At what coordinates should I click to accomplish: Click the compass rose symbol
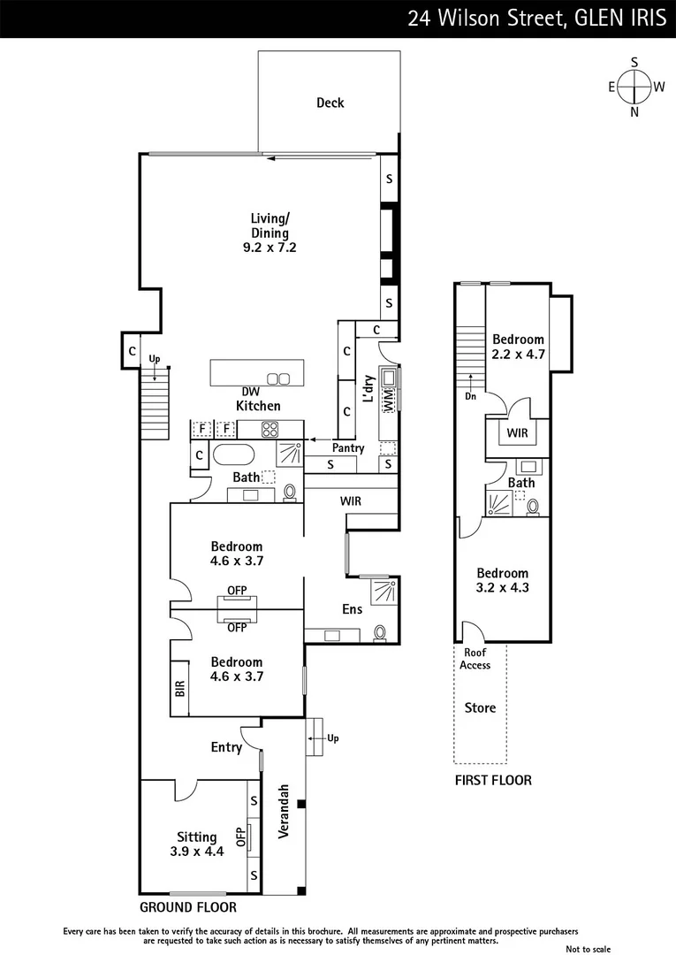tap(634, 87)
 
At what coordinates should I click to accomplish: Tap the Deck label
tap(330, 103)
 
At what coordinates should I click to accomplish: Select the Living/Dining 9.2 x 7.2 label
tap(270, 233)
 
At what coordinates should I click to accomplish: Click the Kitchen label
tap(258, 406)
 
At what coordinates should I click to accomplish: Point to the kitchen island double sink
tap(278, 379)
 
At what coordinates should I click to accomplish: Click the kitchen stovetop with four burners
tap(270, 431)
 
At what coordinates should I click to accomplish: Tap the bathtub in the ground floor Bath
tap(234, 456)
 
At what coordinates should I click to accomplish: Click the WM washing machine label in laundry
tap(386, 401)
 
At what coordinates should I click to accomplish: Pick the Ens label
tap(352, 609)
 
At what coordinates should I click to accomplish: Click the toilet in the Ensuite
tap(380, 631)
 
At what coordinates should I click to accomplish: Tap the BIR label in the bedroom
tap(180, 689)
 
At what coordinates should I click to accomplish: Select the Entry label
tap(226, 747)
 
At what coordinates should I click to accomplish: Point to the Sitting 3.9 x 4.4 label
tap(197, 844)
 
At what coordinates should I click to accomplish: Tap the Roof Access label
tap(475, 659)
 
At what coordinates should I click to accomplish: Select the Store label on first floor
tap(480, 707)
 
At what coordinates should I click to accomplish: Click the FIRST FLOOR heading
tap(493, 780)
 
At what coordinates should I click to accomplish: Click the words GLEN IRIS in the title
tap(619, 19)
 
